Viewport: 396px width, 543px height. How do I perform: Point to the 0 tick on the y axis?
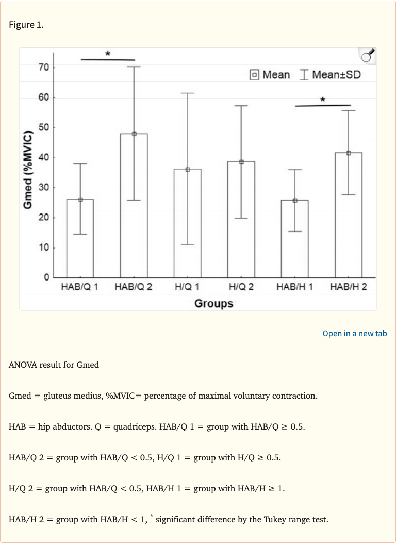tap(46, 277)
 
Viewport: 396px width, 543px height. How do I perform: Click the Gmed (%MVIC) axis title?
tap(29, 171)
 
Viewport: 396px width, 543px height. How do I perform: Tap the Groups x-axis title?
tap(213, 303)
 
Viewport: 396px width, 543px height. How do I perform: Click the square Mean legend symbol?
tap(254, 75)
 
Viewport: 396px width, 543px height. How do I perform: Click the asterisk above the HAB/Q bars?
tap(108, 54)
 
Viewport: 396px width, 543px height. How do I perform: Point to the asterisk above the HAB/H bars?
tap(322, 100)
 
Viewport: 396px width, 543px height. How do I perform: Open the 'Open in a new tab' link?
tap(354, 333)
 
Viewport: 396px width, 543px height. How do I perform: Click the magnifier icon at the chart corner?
tap(367, 56)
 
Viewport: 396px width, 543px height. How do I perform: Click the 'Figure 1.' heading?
tap(26, 25)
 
